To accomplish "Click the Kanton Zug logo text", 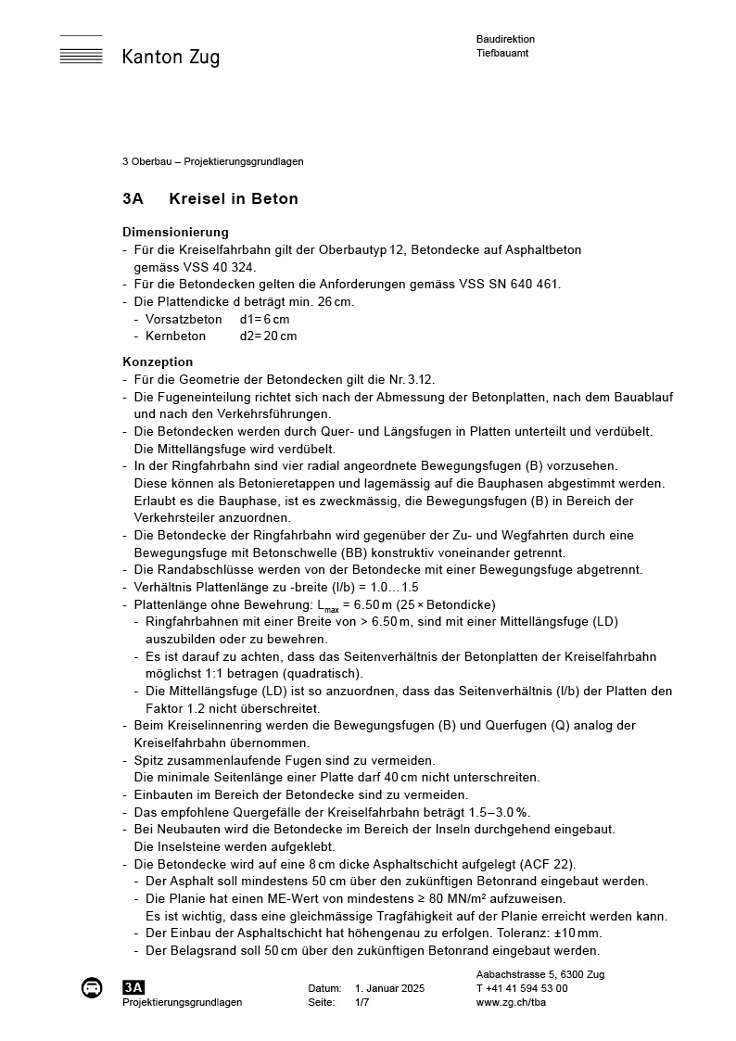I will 171,57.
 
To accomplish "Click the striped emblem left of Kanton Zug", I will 82,50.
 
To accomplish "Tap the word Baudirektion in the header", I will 505,39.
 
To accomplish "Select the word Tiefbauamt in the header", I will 502,53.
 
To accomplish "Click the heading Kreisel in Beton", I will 234,199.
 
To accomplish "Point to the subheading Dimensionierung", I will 175,232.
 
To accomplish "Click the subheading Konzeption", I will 158,362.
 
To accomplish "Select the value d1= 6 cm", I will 264,319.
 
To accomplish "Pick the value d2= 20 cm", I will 268,336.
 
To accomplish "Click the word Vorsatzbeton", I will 184,319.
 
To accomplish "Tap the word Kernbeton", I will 176,336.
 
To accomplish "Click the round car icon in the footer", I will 91,988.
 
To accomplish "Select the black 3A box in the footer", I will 133,988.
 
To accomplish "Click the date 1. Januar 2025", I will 389,988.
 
